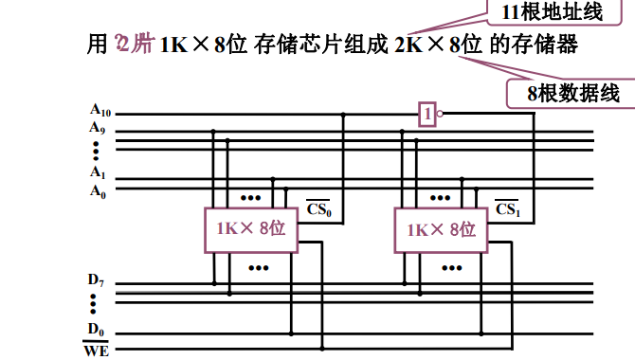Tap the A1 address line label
[97, 172]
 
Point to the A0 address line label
[97, 189]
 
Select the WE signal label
[97, 350]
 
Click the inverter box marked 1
[428, 115]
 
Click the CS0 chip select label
[319, 207]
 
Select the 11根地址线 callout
[536, 12]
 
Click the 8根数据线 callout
[574, 92]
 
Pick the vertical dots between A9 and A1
[97, 151]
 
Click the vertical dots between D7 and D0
[95, 304]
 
